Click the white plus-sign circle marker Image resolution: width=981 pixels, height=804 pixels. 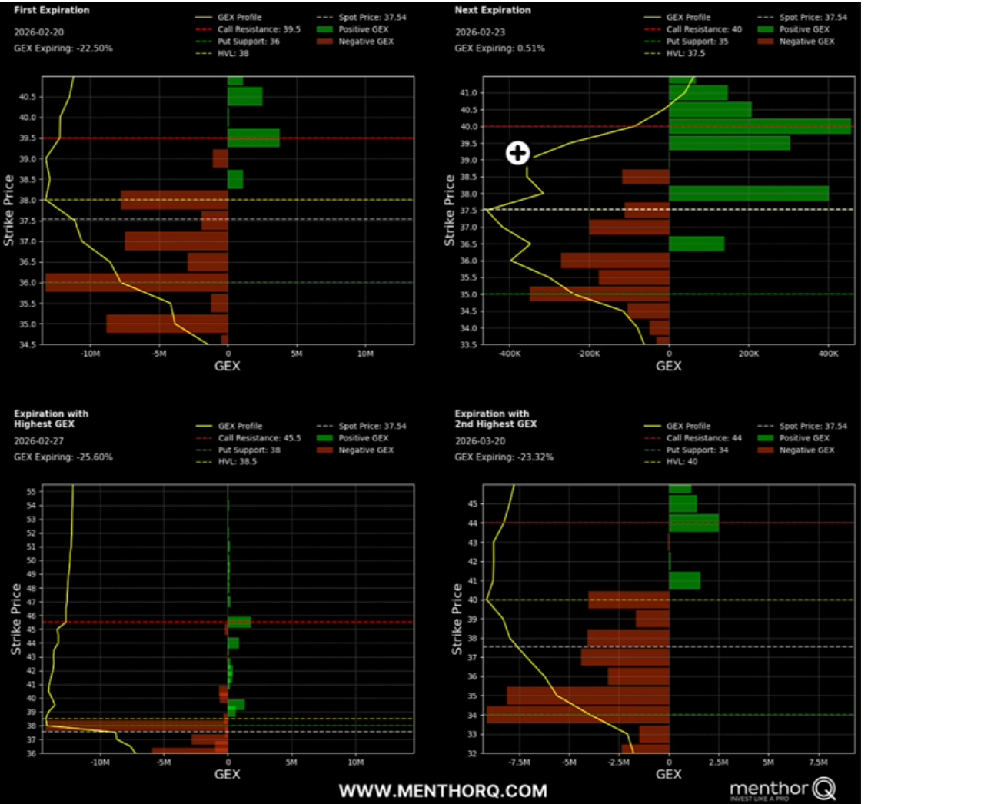tap(517, 153)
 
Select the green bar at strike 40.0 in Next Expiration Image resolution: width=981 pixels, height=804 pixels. tap(760, 127)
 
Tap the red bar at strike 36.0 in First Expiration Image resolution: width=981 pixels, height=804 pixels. tap(137, 282)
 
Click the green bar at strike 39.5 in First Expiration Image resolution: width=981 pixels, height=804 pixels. tap(254, 138)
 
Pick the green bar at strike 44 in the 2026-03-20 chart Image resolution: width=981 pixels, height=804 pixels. tap(693, 523)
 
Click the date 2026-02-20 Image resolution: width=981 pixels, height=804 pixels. tap(38, 32)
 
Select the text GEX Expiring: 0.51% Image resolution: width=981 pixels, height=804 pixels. tap(500, 48)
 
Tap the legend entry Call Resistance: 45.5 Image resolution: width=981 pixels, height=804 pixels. tap(259, 438)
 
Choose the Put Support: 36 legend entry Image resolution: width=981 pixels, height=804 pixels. tap(248, 42)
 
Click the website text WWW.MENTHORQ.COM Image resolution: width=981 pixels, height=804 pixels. tap(443, 791)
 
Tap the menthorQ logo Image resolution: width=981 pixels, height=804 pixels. tap(783, 789)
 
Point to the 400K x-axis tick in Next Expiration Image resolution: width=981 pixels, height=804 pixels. tap(828, 354)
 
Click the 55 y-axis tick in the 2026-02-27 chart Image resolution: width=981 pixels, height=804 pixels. tap(32, 491)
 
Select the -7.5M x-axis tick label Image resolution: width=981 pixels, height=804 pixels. tap(519, 762)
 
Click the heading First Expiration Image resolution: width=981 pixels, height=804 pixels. tap(52, 10)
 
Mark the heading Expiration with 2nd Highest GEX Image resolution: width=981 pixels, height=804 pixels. tap(495, 419)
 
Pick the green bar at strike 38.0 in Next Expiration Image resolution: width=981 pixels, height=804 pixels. tap(749, 194)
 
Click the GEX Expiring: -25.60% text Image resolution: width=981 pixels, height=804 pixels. tap(63, 457)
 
